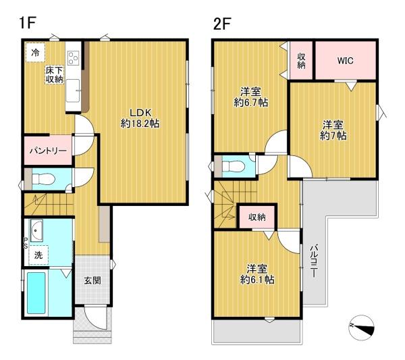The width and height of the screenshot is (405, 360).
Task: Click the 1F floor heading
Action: pos(27,23)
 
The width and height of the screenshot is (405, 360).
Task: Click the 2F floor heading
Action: pos(222,24)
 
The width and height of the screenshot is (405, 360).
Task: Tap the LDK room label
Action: pos(140,113)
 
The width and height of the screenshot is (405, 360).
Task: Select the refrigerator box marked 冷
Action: pos(35,53)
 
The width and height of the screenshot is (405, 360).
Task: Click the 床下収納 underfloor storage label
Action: pos(55,75)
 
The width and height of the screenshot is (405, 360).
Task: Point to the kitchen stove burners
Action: pos(73,57)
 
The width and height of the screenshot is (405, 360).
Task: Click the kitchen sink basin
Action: pos(73,91)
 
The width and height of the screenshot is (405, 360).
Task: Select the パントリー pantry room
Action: pos(48,151)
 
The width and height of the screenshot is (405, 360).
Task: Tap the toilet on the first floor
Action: pos(43,179)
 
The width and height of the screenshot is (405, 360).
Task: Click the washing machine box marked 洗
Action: pos(38,255)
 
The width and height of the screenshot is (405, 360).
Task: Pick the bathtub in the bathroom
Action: pos(36,293)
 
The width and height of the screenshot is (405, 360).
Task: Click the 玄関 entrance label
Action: pos(92,280)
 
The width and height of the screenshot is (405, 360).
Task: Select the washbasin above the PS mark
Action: pos(36,230)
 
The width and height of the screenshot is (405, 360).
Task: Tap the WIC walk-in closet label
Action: pos(345,61)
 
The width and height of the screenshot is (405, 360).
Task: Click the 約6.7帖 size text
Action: pos(250,103)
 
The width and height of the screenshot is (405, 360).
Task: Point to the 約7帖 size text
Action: pos(333,135)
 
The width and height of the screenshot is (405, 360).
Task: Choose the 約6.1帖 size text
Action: pos(257,280)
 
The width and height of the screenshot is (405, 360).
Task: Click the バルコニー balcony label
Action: pos(314,261)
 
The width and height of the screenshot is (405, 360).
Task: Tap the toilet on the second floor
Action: pos(233,166)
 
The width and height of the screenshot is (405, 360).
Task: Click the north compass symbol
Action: pos(361,328)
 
